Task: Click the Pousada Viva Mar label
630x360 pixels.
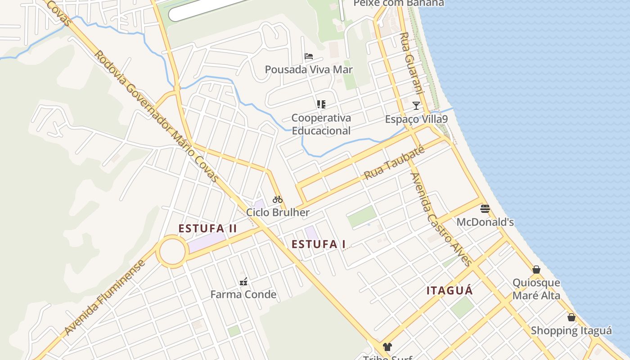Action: [309, 70]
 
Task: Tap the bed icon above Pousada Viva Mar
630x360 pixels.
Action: [309, 56]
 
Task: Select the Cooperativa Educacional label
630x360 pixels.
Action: [321, 124]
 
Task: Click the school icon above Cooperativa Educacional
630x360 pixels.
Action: [321, 104]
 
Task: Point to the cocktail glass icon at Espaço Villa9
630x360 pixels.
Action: [416, 106]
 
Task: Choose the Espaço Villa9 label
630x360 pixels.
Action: [416, 119]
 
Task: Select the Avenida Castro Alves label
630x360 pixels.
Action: [441, 219]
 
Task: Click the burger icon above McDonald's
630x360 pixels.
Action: [485, 208]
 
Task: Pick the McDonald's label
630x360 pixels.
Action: [485, 222]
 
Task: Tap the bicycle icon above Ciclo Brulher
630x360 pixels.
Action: [278, 199]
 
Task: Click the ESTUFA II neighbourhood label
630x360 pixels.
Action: [207, 229]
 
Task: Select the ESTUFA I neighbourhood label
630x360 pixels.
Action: [319, 244]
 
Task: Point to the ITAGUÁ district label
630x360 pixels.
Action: [450, 291]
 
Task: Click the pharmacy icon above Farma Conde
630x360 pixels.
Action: [243, 282]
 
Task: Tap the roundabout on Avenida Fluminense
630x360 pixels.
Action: [172, 252]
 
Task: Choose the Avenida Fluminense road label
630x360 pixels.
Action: [105, 297]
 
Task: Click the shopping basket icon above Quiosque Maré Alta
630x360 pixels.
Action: [536, 270]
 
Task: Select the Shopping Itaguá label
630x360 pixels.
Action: [571, 331]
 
